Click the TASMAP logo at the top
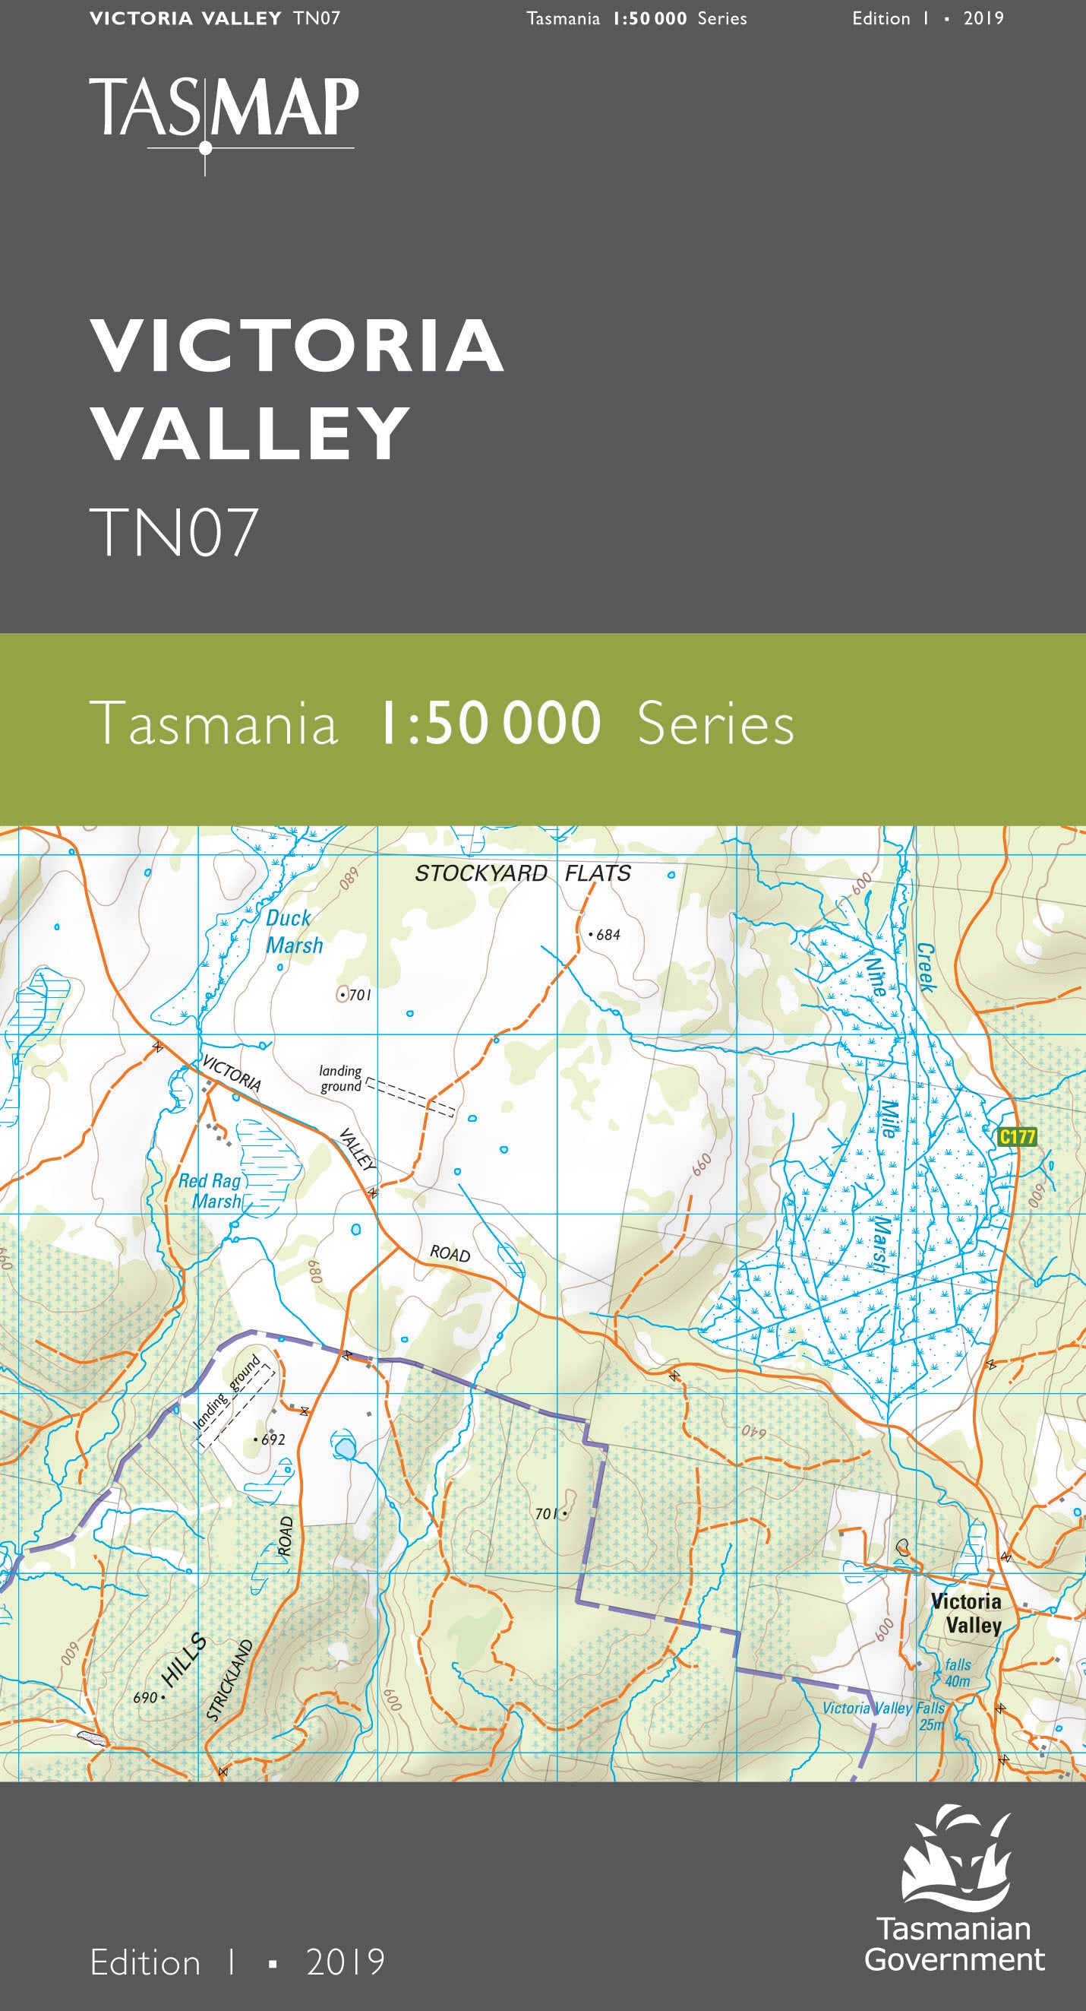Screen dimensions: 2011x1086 224,109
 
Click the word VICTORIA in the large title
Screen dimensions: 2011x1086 297,346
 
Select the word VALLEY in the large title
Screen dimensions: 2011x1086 251,433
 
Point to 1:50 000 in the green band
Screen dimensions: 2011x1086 490,724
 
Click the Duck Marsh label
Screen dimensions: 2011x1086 293,931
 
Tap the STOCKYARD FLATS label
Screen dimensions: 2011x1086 522,872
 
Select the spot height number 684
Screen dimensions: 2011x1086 608,935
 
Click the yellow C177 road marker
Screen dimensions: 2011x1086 1018,1137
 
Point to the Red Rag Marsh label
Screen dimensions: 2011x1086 211,1190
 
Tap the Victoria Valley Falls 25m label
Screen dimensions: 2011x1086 884,1715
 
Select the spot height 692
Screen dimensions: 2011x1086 273,1439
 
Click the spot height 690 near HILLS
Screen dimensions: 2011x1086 145,1697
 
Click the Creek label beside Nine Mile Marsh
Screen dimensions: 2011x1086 926,967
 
